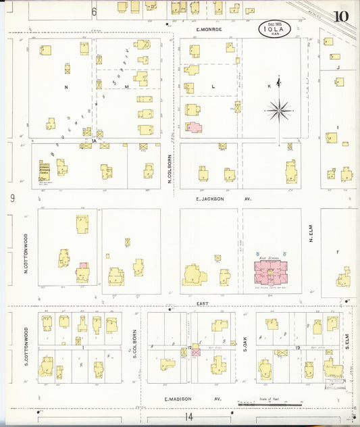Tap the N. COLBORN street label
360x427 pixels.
[x=171, y=166]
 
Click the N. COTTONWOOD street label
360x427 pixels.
[x=26, y=253]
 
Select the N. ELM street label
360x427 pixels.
[x=311, y=234]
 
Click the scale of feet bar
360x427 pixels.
[x=270, y=404]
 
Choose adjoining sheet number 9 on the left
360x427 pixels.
[x=12, y=198]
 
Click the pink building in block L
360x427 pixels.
[x=194, y=126]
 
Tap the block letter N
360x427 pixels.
[x=66, y=88]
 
